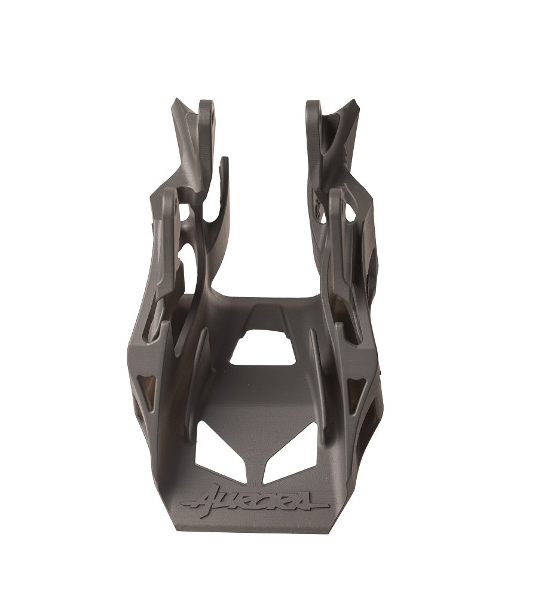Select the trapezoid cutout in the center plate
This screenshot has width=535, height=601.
coord(264,349)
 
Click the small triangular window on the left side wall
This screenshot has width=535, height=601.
coord(145,388)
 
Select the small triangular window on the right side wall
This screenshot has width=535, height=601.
coord(356,392)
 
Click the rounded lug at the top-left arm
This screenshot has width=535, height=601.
coord(206,111)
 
